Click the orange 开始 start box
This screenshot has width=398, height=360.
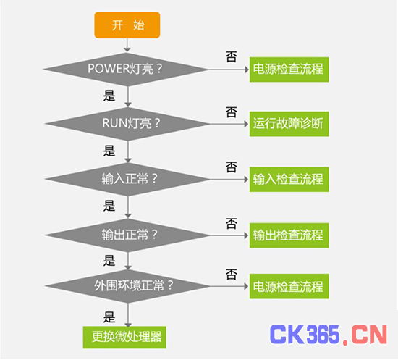[127, 25]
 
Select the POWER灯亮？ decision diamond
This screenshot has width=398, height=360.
[126, 69]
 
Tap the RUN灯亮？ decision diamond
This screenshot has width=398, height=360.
[127, 124]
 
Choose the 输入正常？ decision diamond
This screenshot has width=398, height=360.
[127, 179]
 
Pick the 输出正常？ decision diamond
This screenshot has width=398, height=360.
[127, 235]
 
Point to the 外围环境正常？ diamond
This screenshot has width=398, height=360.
[127, 286]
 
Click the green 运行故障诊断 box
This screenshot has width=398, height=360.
[289, 124]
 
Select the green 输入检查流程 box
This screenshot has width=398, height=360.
[289, 180]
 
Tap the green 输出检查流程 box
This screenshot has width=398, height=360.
[289, 235]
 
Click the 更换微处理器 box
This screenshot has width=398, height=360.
[124, 338]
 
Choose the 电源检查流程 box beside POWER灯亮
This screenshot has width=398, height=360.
[289, 70]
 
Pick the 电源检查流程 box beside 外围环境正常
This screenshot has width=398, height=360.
[289, 286]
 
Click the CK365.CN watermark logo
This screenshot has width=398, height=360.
[329, 335]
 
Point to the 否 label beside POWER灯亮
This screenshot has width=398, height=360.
[232, 56]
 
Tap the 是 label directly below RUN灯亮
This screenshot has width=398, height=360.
[109, 151]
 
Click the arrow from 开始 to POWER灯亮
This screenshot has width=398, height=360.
[127, 45]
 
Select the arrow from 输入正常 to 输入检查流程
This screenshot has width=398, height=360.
[229, 180]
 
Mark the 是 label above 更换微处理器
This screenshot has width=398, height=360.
[109, 317]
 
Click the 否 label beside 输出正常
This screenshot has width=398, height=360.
[232, 223]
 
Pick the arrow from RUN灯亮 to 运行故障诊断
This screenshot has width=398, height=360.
[229, 124]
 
